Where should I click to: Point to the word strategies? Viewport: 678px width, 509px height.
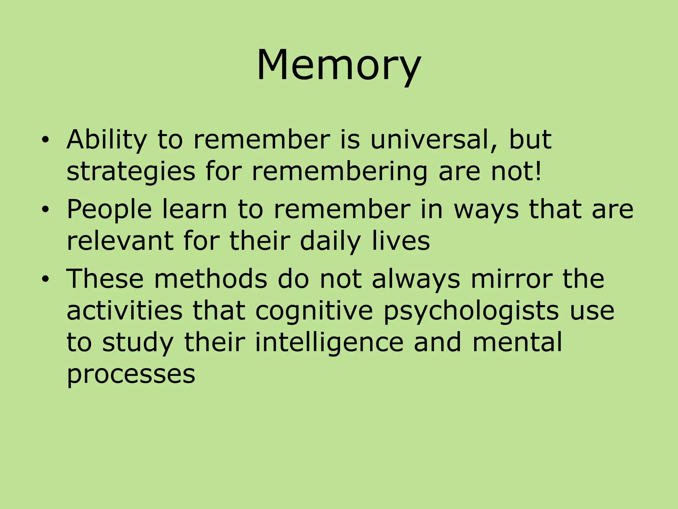click(x=131, y=172)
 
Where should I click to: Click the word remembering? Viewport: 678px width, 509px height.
click(x=340, y=172)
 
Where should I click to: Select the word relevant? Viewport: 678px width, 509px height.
click(x=120, y=241)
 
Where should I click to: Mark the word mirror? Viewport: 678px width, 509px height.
click(x=511, y=279)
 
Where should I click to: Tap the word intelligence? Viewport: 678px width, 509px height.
click(x=329, y=343)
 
